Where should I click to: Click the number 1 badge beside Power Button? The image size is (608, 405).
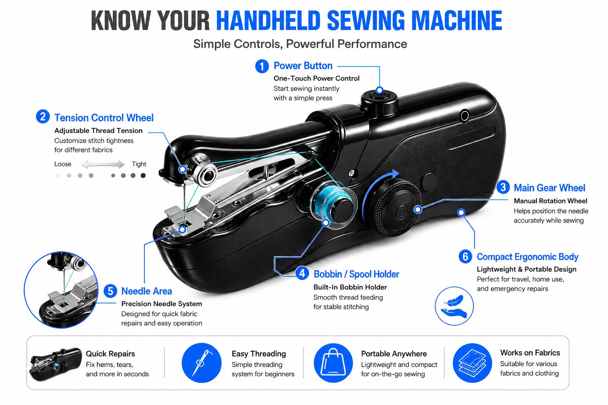[262, 66]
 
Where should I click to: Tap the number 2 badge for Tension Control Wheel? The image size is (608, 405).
[43, 117]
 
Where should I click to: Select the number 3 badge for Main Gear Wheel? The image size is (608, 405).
[503, 187]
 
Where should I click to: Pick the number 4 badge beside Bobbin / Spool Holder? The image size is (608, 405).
[302, 273]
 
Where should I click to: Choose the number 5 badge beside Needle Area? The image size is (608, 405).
[110, 291]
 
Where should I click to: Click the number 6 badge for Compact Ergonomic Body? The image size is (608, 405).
[465, 257]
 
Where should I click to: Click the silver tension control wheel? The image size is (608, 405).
[203, 170]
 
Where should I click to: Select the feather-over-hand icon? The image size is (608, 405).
[454, 306]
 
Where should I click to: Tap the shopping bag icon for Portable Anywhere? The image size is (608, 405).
[333, 363]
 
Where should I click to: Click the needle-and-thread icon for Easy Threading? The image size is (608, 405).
[201, 363]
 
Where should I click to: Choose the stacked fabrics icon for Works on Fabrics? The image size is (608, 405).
[472, 363]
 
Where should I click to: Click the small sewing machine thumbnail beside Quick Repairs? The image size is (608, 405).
[55, 364]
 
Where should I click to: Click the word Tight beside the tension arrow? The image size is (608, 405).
[139, 164]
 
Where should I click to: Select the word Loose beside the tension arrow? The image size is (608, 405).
[63, 164]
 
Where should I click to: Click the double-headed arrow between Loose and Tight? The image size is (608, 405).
[103, 164]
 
